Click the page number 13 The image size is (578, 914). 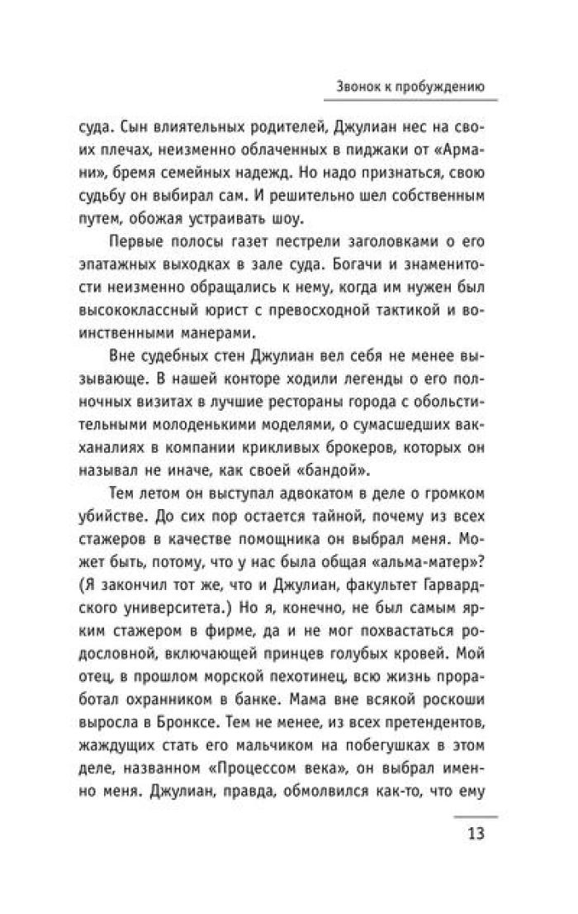tap(474, 831)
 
